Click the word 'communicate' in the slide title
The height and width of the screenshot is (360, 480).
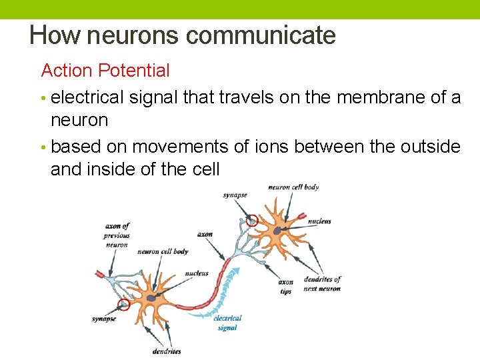point(261,35)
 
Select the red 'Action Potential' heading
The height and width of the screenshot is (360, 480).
point(105,70)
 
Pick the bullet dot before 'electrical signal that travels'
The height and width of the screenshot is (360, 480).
point(44,99)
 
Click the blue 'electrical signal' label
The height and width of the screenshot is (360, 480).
point(227,323)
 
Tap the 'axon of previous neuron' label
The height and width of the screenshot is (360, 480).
point(116,235)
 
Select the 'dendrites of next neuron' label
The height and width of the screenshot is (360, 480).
point(321,283)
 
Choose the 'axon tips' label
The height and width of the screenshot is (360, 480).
point(285,287)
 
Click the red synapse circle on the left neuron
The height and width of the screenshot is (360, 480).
point(123,305)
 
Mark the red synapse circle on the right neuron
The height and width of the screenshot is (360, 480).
point(251,221)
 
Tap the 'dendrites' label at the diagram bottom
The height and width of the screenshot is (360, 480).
point(166,351)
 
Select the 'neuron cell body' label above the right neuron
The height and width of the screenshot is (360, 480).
point(293,187)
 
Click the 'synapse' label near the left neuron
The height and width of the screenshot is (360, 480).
point(104,319)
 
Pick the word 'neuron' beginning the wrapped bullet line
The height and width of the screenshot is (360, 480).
point(79,121)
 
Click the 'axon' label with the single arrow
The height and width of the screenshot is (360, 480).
point(205,234)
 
